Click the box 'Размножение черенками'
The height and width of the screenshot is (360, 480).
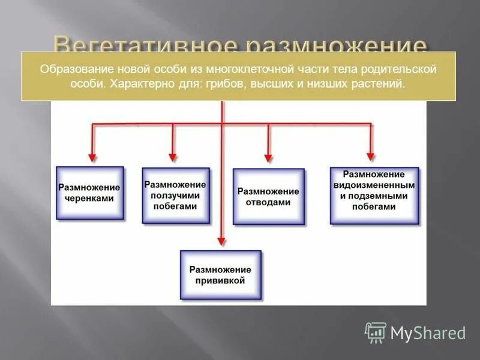coord(89,193)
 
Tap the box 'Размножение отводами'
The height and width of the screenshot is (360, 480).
coord(268,197)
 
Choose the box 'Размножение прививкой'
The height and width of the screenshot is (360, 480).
coord(220,275)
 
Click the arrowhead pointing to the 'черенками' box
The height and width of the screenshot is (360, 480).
coord(92,157)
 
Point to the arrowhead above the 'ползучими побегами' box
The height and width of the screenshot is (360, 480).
coord(173,157)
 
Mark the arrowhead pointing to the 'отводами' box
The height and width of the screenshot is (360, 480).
coord(268,157)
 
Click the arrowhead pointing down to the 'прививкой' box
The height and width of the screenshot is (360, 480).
coord(221,241)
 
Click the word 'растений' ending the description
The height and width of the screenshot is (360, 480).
coord(382,84)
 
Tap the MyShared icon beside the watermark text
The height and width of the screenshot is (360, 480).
coord(376,332)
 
